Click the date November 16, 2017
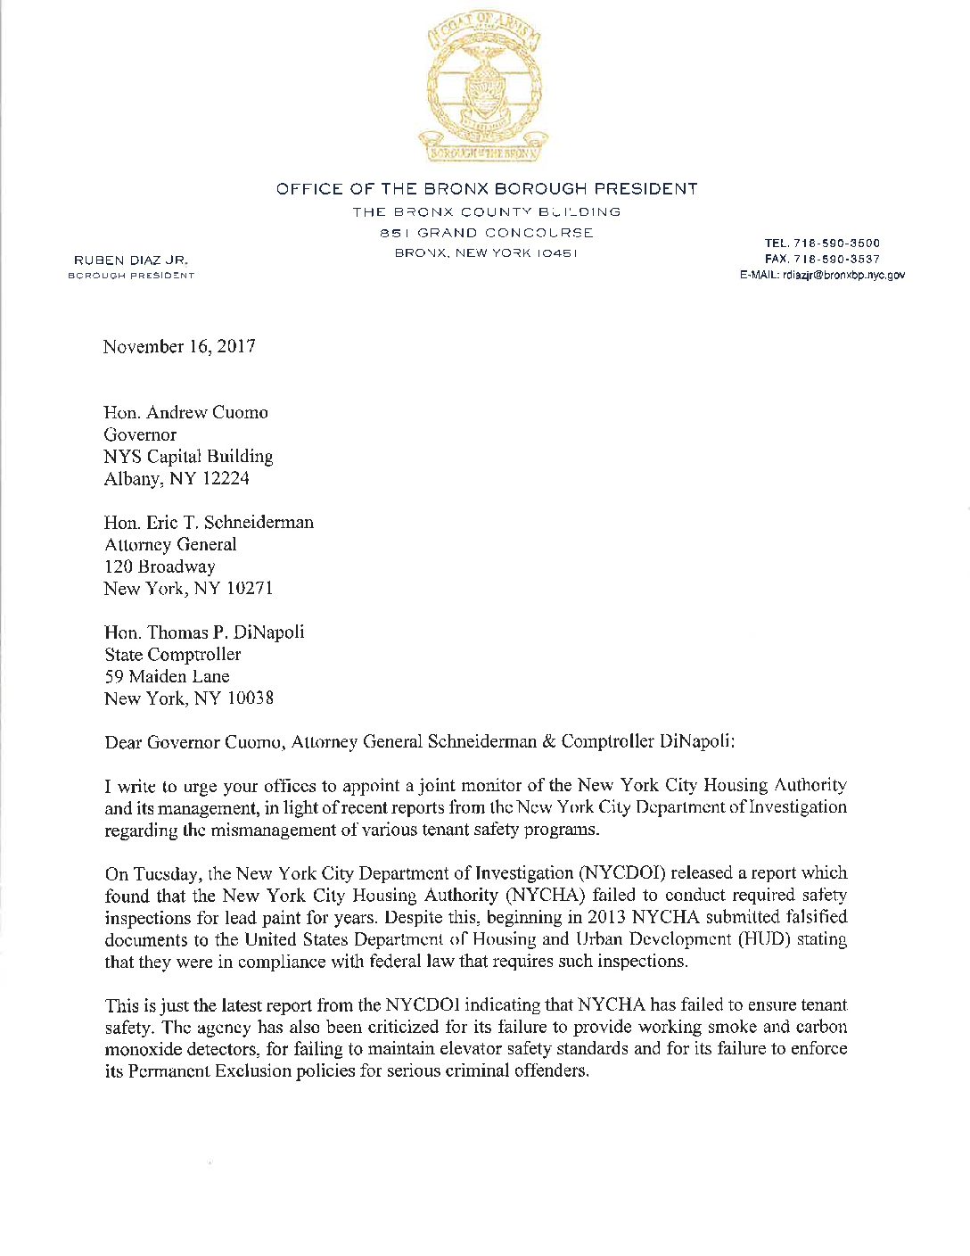179,346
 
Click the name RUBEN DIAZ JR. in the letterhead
131,260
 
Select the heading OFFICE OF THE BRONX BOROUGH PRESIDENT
487,189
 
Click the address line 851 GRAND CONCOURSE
487,233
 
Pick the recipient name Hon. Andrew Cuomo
185,412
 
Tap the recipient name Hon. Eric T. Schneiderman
209,522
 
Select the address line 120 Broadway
160,566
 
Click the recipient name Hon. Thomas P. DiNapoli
204,632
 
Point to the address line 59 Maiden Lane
167,676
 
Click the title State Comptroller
172,654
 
